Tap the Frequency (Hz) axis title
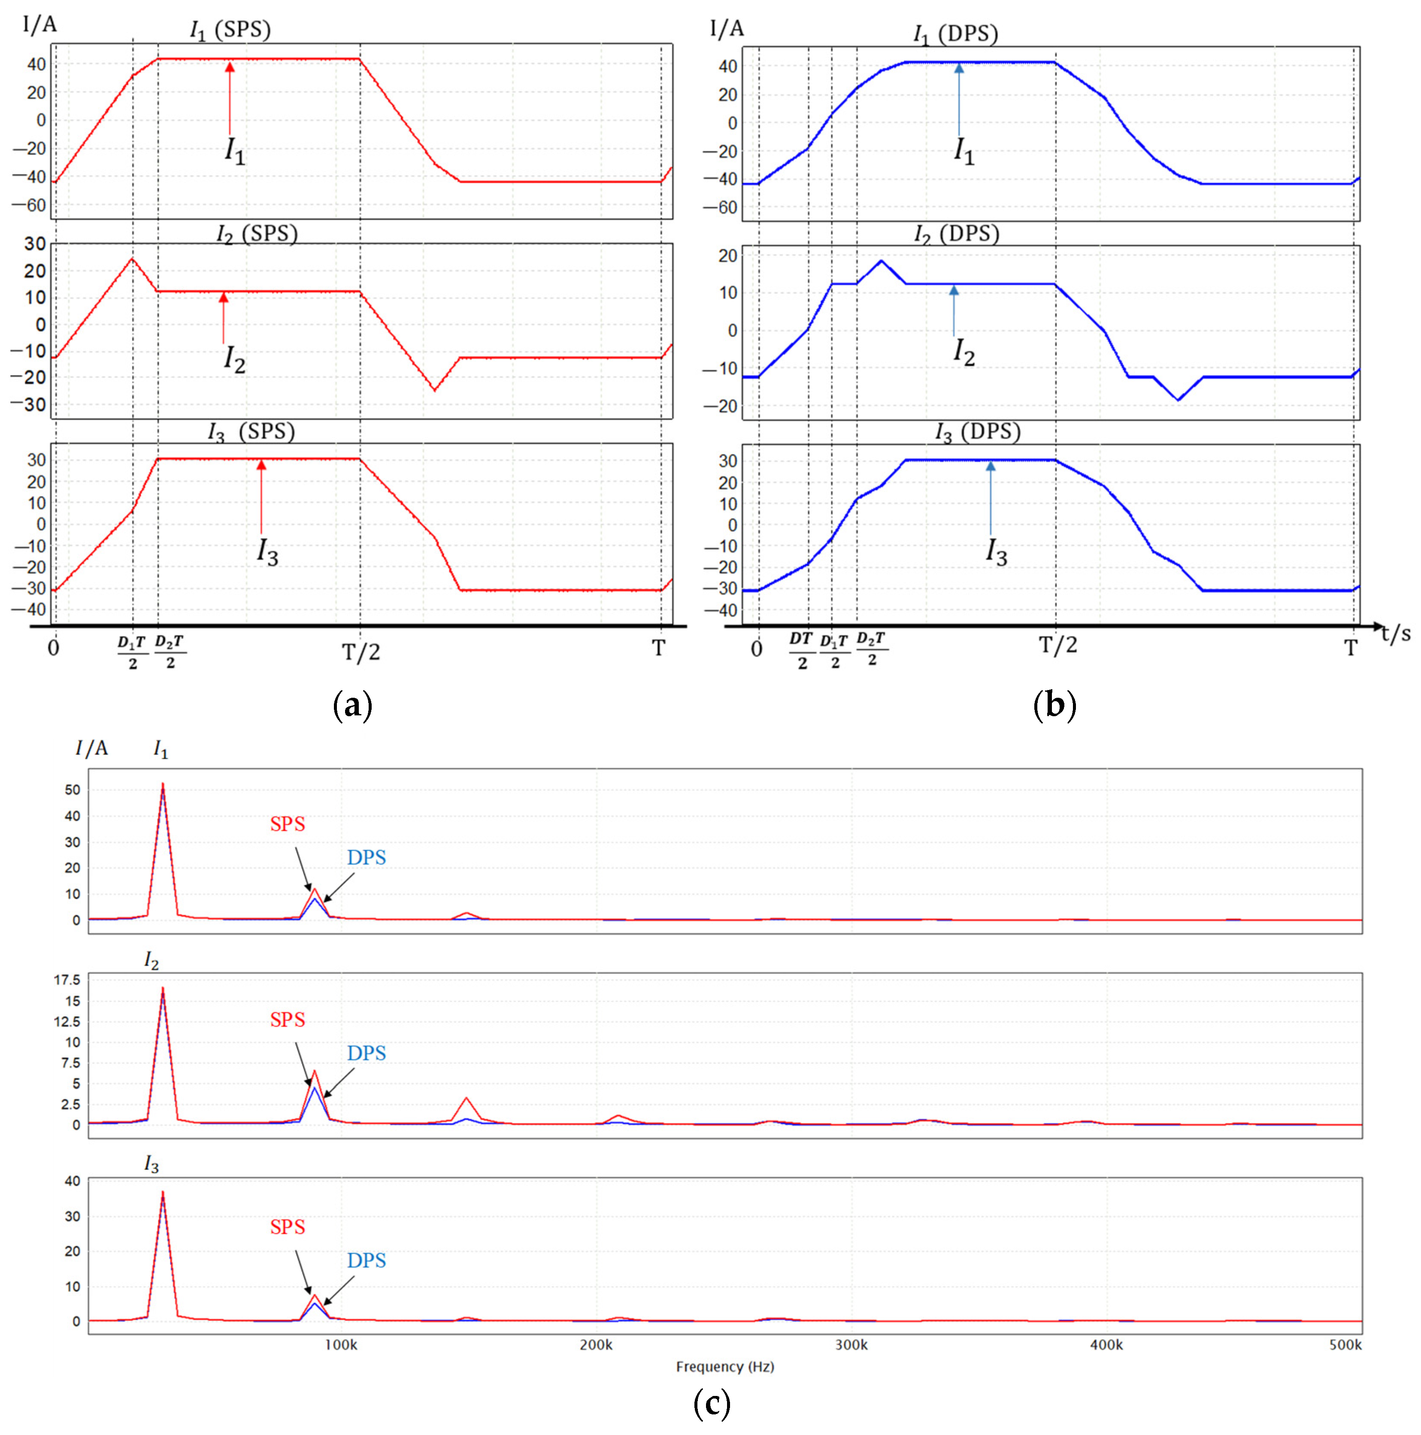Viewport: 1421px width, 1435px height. [x=724, y=1366]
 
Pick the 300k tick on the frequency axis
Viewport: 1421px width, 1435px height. [x=851, y=1344]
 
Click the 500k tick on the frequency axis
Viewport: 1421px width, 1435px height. [x=1345, y=1344]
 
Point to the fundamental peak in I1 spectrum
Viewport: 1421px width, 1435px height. [x=163, y=784]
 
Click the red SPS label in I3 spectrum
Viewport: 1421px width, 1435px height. [x=288, y=1227]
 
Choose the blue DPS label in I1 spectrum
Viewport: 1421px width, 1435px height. [x=366, y=858]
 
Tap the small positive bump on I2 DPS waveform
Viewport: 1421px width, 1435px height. [x=881, y=261]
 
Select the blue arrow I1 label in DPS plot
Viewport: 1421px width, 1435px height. [x=963, y=151]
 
